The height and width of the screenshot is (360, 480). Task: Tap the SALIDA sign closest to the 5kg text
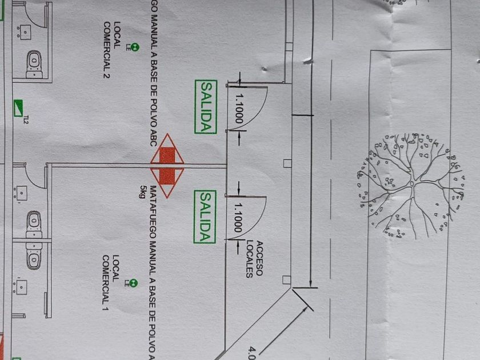click(x=205, y=217)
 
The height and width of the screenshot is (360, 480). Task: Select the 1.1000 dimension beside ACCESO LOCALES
click(x=238, y=217)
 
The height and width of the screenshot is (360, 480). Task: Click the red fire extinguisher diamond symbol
click(x=167, y=166)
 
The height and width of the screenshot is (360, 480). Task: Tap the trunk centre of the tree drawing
click(x=411, y=184)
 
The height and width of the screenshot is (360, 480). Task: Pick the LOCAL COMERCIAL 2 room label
click(x=112, y=50)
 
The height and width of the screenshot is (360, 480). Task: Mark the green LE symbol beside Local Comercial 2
click(x=134, y=48)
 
